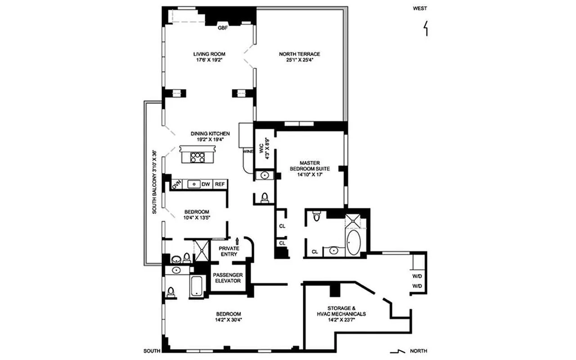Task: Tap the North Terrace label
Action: [x=299, y=54]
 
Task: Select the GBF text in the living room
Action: [x=223, y=28]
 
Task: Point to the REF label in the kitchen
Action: [x=220, y=184]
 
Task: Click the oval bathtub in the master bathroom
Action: [x=353, y=243]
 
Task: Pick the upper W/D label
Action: [x=417, y=276]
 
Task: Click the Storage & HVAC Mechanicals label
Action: [x=340, y=311]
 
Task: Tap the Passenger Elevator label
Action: [x=228, y=278]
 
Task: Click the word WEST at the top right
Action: [x=420, y=8]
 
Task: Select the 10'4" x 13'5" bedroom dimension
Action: [x=197, y=218]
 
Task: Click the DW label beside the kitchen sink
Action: [x=206, y=184]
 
